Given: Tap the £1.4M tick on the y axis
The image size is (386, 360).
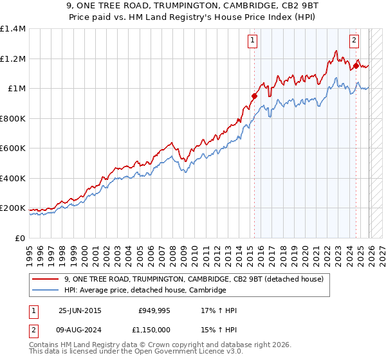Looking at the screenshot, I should coord(12,29).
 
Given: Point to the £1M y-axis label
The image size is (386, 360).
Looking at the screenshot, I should coord(16,89).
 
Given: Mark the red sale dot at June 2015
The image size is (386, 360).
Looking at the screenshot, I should coord(254,96).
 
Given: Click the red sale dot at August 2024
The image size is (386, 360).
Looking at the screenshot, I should coord(356,66).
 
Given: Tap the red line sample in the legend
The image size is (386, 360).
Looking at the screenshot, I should coord(46,279).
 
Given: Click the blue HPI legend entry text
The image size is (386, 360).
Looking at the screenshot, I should coord(145,291).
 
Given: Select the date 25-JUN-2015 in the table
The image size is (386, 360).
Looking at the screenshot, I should coord(80,310).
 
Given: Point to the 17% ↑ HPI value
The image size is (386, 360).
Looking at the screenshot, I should coord(219,310).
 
